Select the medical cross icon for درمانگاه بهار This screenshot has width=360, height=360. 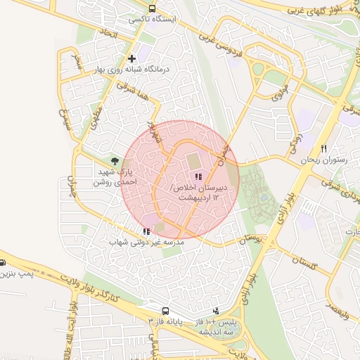(x=131, y=58)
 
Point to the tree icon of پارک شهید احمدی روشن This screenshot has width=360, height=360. (x=115, y=161)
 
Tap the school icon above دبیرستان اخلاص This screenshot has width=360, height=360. (x=198, y=177)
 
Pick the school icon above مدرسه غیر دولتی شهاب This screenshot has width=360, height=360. (x=146, y=231)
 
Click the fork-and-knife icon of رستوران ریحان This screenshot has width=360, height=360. (x=323, y=148)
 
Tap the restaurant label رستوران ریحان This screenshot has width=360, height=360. (x=325, y=160)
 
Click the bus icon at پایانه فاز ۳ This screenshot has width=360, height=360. (x=165, y=311)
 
